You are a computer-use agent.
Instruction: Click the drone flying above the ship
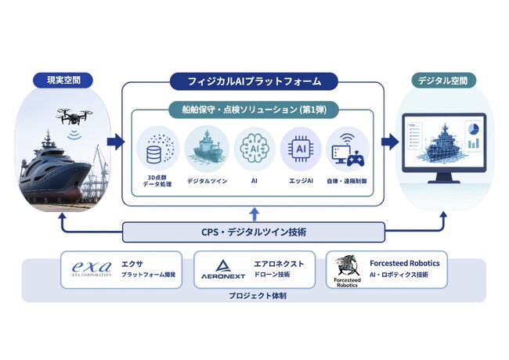coord(74,117)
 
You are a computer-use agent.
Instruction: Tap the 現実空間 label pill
coord(63,80)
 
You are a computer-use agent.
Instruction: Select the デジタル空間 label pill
coord(443,80)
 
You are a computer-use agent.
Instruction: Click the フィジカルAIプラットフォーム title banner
coord(254,81)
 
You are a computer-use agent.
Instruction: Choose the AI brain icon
coord(254,149)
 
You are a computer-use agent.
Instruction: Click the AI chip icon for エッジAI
coord(301,149)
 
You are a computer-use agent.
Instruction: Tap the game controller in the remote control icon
coord(356,159)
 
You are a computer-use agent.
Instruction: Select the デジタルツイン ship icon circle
coord(207,149)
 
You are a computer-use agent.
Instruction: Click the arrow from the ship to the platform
coord(116,141)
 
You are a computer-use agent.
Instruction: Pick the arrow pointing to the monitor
coord(390,141)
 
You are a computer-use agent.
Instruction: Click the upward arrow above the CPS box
coord(254,215)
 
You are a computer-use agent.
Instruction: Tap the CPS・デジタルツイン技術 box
coord(254,232)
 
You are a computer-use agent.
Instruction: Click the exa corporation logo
coord(92,269)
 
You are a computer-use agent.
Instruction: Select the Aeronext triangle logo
coord(223,266)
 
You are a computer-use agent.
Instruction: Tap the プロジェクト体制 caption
coord(258,296)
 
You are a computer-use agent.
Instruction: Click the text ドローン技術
coord(272,275)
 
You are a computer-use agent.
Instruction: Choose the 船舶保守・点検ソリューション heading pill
coord(254,110)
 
